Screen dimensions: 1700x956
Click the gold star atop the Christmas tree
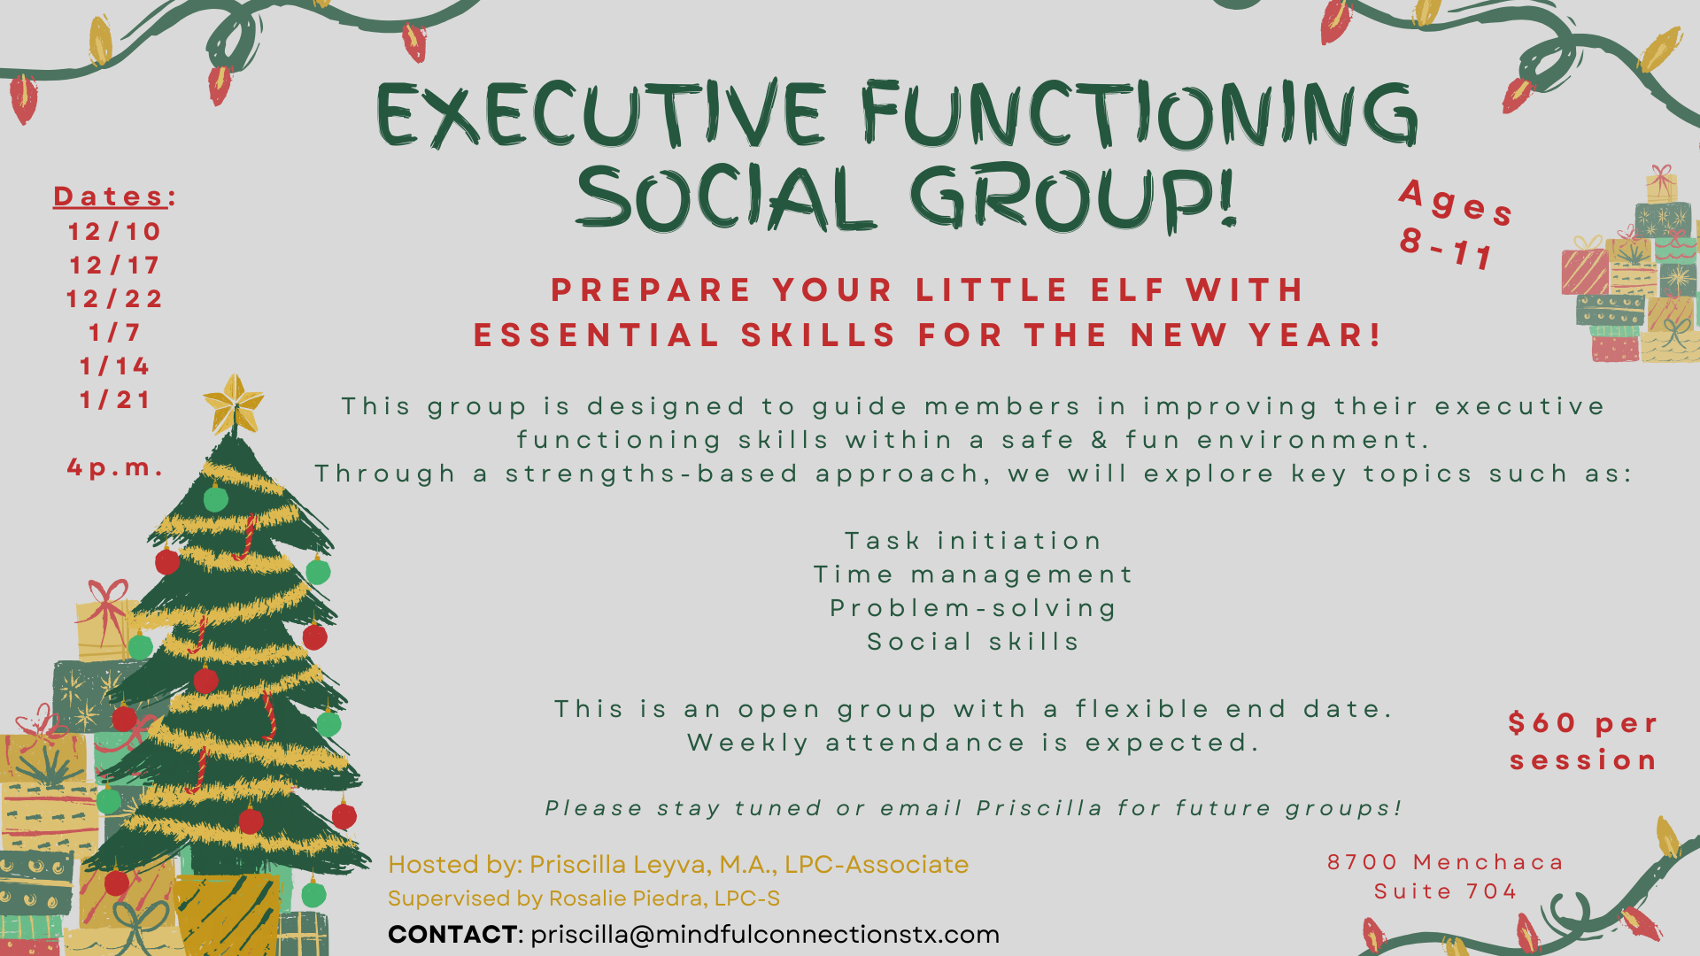click(234, 404)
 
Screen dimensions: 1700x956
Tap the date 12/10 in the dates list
click(115, 232)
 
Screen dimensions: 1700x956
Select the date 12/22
click(115, 299)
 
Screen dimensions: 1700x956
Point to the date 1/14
click(115, 366)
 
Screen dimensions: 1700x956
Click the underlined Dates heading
click(111, 197)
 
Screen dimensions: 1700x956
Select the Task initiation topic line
click(973, 541)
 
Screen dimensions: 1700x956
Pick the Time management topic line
click(973, 574)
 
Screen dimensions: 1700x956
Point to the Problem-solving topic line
click(973, 608)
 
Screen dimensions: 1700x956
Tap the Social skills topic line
click(973, 642)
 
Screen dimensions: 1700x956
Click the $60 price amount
click(1542, 723)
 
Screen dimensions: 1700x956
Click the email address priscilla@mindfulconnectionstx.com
click(765, 935)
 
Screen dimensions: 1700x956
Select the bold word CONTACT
click(452, 935)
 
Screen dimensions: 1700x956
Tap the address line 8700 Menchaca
click(1446, 862)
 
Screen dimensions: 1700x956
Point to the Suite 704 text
click(1446, 891)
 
